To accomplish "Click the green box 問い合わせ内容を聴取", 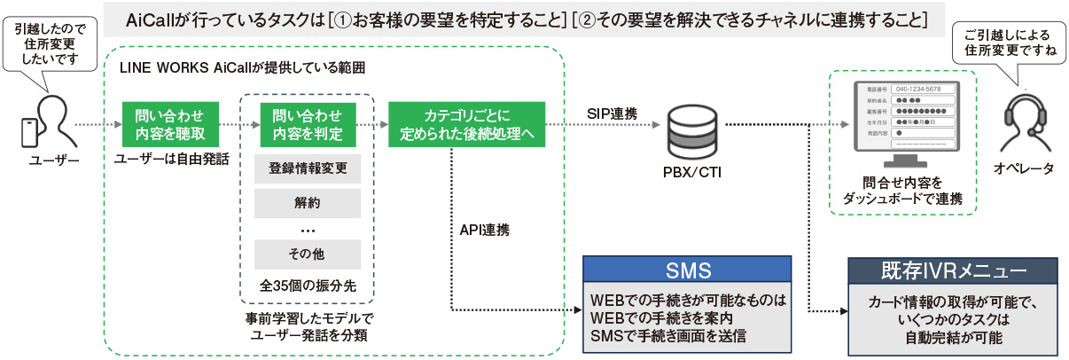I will coord(168,125).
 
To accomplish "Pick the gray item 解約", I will coord(307,202).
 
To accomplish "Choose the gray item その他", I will coord(307,254).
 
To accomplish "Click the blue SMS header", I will coord(687,270).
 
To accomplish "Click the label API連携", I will coord(484,229).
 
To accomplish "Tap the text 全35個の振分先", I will coord(307,287).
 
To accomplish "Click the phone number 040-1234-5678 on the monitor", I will coord(925,89).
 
